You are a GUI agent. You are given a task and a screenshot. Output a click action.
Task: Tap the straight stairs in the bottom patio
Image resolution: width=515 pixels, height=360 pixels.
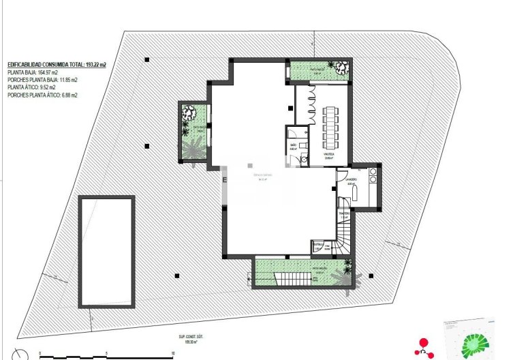click(x=292, y=278)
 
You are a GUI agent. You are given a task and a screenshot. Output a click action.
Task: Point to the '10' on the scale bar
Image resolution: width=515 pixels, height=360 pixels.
click(x=174, y=353)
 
